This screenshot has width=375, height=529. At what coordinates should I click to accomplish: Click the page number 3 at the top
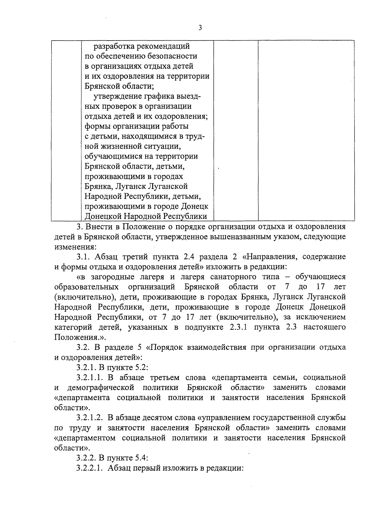click(200, 28)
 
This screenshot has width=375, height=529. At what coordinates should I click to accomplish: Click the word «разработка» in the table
click(114, 46)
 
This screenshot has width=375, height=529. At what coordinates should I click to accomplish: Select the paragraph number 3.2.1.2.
click(90, 418)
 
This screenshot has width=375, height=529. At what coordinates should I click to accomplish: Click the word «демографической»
click(101, 388)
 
